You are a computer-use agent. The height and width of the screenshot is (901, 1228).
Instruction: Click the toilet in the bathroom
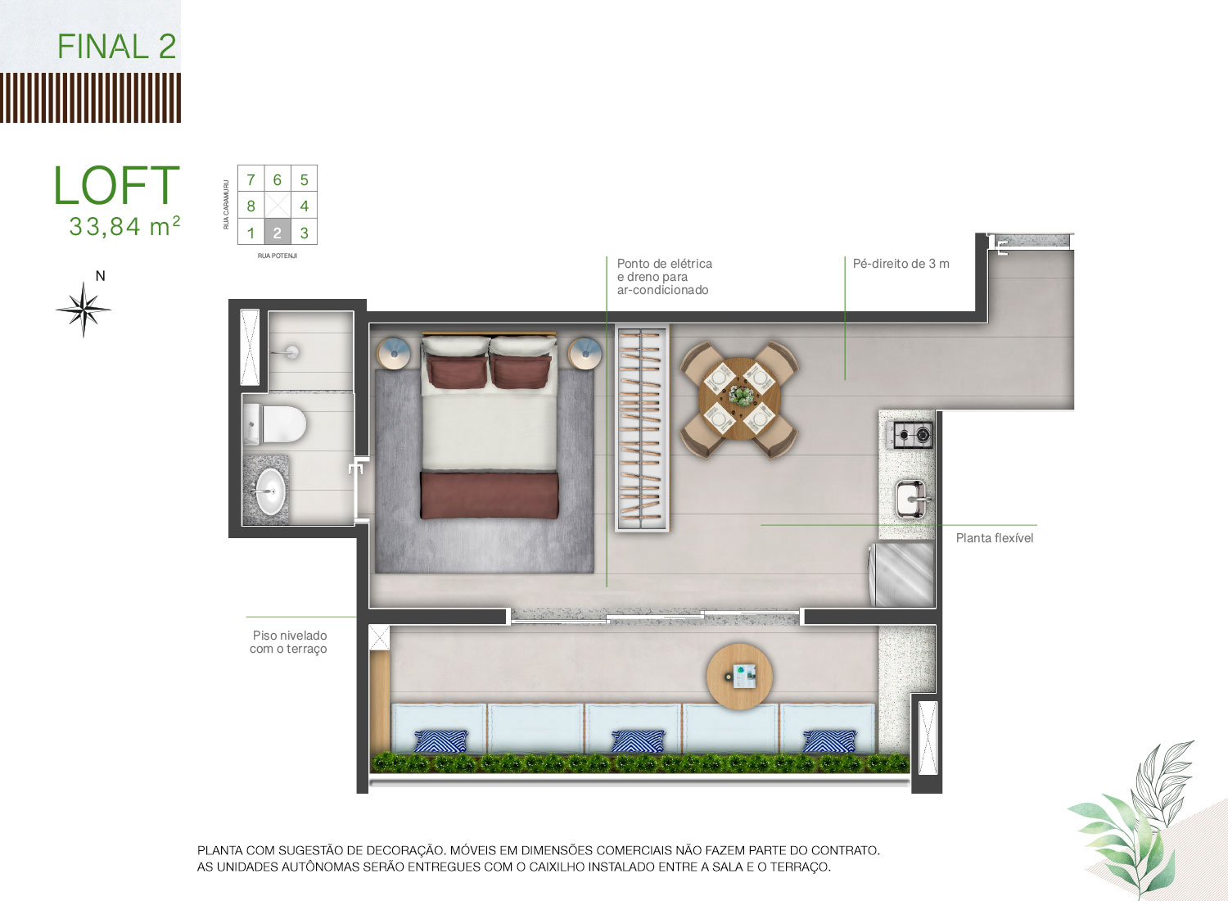click(274, 424)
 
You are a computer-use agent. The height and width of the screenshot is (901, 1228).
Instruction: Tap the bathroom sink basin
click(270, 491)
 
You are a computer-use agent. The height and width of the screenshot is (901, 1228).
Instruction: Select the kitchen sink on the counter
click(910, 499)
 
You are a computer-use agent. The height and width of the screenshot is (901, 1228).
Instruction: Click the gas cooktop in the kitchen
click(912, 436)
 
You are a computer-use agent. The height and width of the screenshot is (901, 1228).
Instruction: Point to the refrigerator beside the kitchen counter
click(902, 575)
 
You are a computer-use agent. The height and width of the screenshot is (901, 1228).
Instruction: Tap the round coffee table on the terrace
click(739, 677)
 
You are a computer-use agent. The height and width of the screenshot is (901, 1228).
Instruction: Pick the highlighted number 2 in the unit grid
click(278, 233)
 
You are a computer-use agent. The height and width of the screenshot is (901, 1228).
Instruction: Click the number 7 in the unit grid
click(251, 180)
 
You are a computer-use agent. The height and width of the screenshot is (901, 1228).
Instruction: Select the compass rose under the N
click(84, 310)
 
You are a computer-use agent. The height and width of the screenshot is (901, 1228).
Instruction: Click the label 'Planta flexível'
click(995, 538)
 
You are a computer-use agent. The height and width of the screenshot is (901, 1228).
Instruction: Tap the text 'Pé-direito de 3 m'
click(901, 264)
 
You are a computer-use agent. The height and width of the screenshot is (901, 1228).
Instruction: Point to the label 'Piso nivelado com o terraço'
click(289, 642)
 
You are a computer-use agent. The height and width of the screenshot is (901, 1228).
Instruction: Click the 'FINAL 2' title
click(117, 46)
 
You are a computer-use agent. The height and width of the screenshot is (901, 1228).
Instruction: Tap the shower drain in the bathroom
click(292, 352)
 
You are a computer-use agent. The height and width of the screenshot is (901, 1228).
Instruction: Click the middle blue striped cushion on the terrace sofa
click(638, 741)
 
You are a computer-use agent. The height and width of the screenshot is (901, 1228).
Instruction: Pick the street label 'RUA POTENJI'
click(278, 256)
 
